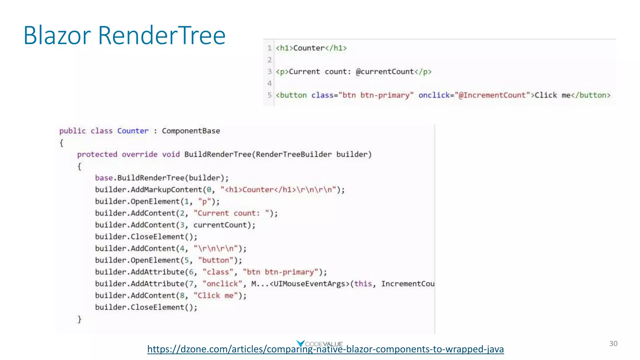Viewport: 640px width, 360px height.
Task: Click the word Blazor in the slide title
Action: pyautogui.click(x=57, y=35)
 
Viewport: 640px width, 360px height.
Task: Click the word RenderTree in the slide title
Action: pyautogui.click(x=162, y=35)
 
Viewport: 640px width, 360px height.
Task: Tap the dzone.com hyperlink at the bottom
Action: pyautogui.click(x=325, y=349)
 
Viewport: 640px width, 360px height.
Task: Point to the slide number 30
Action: pyautogui.click(x=613, y=343)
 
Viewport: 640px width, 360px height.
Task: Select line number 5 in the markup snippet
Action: pyautogui.click(x=269, y=95)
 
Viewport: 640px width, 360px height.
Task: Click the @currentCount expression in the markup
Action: pyautogui.click(x=385, y=72)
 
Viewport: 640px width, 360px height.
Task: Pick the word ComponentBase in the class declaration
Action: pyautogui.click(x=191, y=131)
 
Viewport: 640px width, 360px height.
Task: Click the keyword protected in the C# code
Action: pyautogui.click(x=97, y=154)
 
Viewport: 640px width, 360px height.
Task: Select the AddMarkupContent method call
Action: pyautogui.click(x=166, y=190)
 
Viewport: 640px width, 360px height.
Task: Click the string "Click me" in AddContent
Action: pyautogui.click(x=216, y=295)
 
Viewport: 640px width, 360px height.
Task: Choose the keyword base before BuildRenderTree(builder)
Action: pyautogui.click(x=104, y=178)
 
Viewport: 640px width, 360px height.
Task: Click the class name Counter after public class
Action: pyautogui.click(x=133, y=131)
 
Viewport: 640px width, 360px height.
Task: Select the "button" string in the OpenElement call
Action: pyautogui.click(x=215, y=260)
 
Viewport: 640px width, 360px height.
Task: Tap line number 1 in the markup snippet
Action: pyautogui.click(x=269, y=48)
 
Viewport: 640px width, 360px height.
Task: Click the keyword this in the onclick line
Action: pyautogui.click(x=363, y=284)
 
